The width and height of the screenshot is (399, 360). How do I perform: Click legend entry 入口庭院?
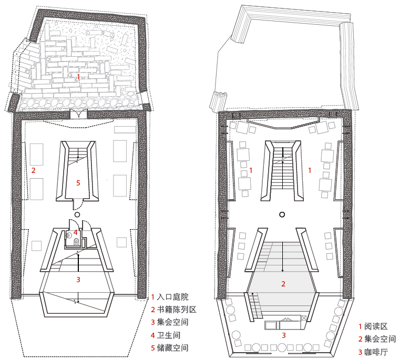tap(170, 297)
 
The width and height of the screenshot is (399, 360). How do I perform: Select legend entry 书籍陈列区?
tap(173, 310)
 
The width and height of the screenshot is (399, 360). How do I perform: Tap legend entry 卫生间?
tap(166, 335)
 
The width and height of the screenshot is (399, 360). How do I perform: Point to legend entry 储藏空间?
tap(170, 348)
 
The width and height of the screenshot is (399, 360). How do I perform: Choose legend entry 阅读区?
tap(373, 326)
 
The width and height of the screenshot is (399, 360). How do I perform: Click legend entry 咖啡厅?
tap(373, 352)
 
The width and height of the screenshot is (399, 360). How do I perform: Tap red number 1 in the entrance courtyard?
tap(78, 77)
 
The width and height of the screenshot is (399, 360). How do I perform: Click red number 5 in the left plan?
tap(78, 183)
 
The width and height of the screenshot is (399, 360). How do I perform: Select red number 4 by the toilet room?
tap(75, 232)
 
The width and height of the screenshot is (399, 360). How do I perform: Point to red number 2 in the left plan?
tap(33, 170)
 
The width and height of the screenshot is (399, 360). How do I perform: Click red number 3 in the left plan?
tap(78, 280)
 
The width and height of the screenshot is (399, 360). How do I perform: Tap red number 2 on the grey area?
tap(283, 284)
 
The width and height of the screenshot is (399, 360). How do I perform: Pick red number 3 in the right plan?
tap(284, 336)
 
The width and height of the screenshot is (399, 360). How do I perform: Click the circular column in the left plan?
tap(77, 214)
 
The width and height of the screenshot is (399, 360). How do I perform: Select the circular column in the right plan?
tap(282, 214)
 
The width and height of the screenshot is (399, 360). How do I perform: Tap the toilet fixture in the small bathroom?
tap(76, 241)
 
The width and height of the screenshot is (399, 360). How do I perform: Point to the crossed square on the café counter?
tap(303, 318)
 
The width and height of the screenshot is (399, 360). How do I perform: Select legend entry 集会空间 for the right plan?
tap(377, 339)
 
